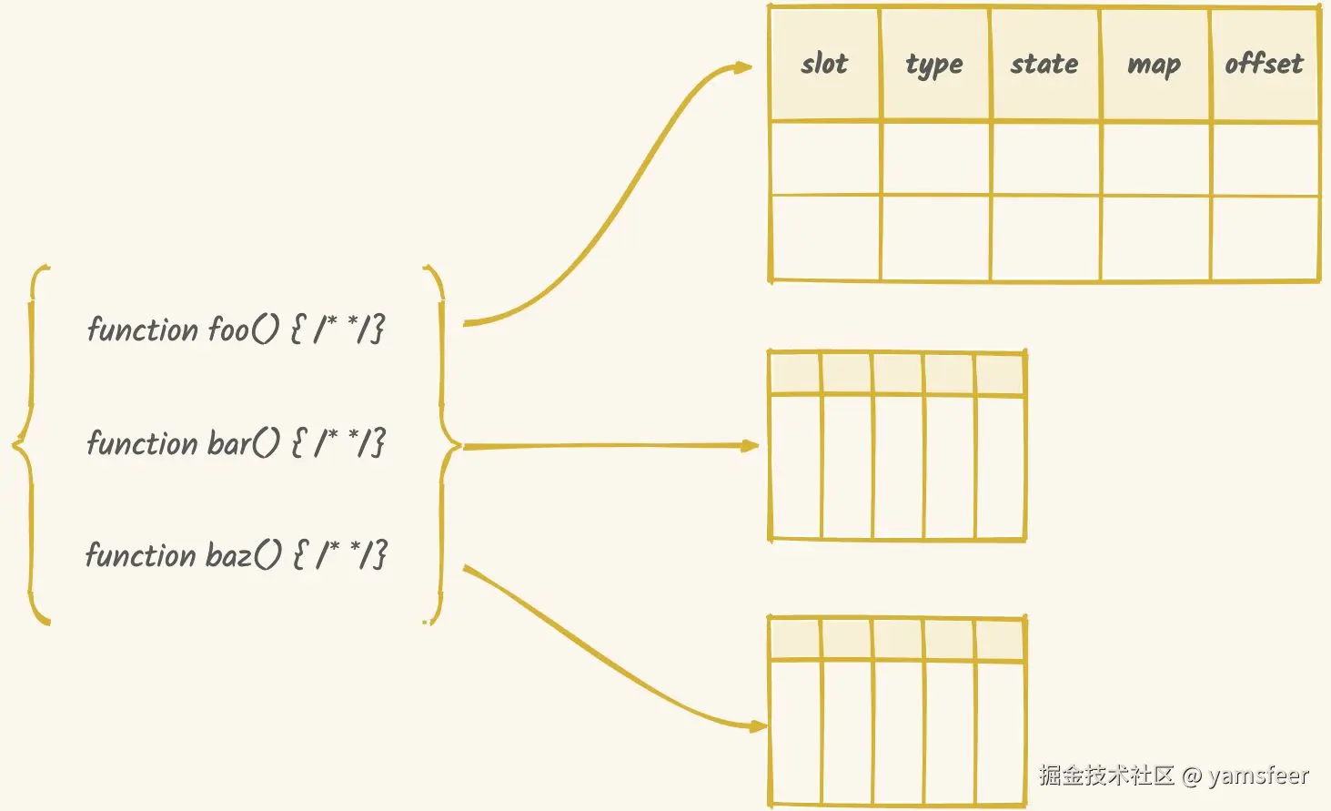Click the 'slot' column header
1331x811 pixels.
click(x=824, y=64)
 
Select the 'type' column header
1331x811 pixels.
click(x=934, y=64)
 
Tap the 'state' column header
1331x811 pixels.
click(x=1044, y=64)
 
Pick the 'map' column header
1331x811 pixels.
click(x=1154, y=65)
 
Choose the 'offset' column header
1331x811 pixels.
click(x=1264, y=64)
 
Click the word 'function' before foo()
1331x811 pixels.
click(x=142, y=329)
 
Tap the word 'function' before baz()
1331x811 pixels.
click(x=140, y=555)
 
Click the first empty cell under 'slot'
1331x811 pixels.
click(x=824, y=157)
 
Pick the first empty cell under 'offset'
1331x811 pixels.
click(x=1265, y=157)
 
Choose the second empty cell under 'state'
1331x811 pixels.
click(x=1044, y=237)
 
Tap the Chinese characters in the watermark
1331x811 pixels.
click(x=1106, y=776)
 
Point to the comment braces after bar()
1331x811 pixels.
click(x=338, y=443)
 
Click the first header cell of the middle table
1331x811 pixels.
click(x=795, y=373)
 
